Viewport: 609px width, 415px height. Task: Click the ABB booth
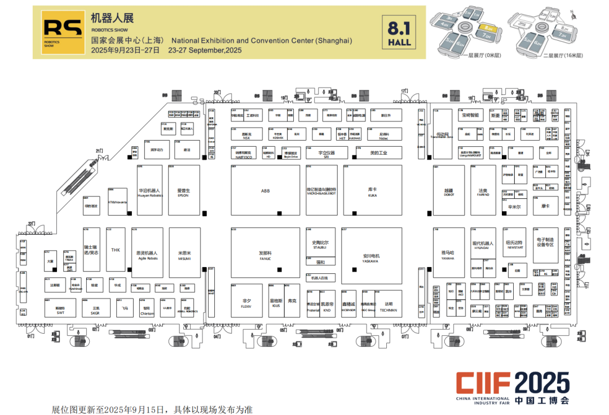(x=265, y=190)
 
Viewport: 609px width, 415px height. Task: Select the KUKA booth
(x=372, y=190)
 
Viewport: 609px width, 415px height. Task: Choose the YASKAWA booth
(x=370, y=257)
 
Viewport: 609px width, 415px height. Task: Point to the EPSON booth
(x=183, y=190)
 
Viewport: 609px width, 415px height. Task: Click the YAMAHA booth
(x=448, y=254)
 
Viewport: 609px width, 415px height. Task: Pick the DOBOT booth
(x=449, y=191)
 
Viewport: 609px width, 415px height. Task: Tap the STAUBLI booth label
(x=320, y=244)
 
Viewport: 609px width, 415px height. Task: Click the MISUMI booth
(x=184, y=255)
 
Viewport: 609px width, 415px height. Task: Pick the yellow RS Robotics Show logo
(x=57, y=32)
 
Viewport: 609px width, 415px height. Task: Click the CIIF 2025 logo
(x=513, y=387)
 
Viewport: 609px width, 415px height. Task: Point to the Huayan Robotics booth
(x=149, y=190)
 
